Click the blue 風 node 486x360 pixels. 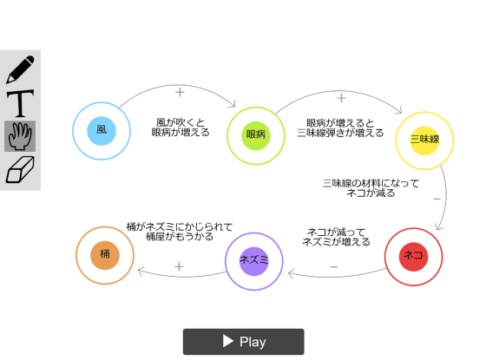click(102, 131)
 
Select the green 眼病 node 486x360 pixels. click(256, 135)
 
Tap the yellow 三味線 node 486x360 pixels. click(424, 141)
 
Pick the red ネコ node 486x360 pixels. click(413, 257)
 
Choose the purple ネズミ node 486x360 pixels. click(253, 261)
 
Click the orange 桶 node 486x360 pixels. click(105, 255)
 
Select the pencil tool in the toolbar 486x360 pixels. click(20, 69)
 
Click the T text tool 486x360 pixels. click(20, 103)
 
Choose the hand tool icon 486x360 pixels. click(20, 136)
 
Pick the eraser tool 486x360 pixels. click(20, 169)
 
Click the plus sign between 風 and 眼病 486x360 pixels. click(180, 92)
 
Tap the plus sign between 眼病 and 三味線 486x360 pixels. click(341, 98)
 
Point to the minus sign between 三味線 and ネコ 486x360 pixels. click(437, 199)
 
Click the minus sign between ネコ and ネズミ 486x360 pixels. click(334, 266)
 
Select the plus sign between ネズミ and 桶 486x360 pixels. click(179, 266)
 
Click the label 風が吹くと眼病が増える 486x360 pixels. click(181, 128)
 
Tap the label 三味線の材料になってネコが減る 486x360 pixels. click(371, 188)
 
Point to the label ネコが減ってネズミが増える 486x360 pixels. click(337, 237)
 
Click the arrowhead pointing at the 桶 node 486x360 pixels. click(141, 272)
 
